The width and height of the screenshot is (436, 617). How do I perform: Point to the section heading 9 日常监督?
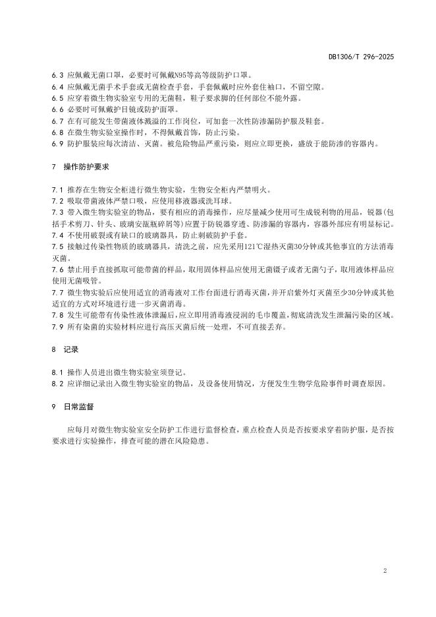point(72,407)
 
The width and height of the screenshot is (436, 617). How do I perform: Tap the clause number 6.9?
point(57,142)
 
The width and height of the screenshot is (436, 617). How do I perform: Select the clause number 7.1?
point(57,190)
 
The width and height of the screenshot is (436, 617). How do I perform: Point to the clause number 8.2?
point(57,383)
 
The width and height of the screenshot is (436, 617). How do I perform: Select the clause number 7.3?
point(57,212)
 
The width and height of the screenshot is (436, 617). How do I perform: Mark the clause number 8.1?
point(57,372)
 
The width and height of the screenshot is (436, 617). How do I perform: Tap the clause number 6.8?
point(57,131)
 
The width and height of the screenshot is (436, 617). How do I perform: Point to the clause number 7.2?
point(57,201)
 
